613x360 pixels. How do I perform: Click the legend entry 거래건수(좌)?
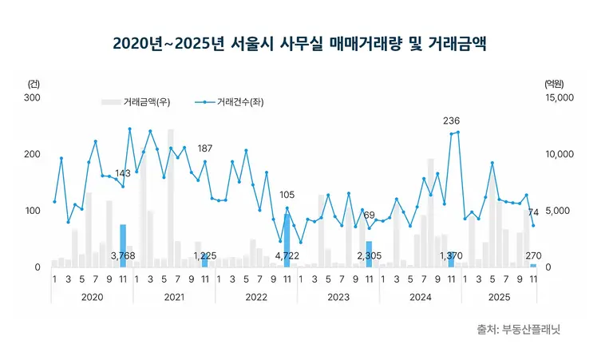[x=233, y=102]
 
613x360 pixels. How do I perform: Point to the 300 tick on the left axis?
[x=32, y=97]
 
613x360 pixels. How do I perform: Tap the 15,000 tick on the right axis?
[x=558, y=97]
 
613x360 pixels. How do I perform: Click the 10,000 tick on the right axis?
[x=558, y=154]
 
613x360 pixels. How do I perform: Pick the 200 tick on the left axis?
[x=32, y=154]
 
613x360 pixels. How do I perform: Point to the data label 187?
[x=205, y=148]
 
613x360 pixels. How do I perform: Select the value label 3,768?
[x=123, y=255]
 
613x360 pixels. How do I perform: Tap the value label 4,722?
[x=287, y=255]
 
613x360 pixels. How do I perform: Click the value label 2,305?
[x=370, y=255]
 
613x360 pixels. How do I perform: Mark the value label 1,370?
[x=452, y=255]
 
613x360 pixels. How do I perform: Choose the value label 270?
[x=533, y=255]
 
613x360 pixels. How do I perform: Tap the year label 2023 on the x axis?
[x=338, y=296]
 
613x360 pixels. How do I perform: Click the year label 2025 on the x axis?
[x=501, y=296]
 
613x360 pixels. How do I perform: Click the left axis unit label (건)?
[x=34, y=83]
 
